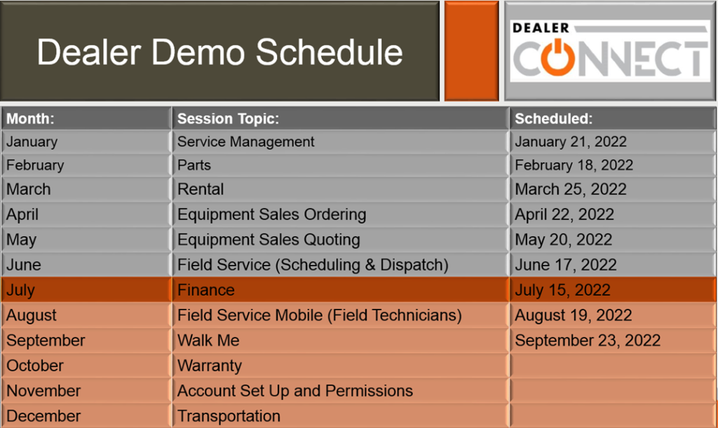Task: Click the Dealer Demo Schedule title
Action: [x=219, y=52]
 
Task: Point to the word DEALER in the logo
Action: [x=541, y=28]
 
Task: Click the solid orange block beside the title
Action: [x=471, y=50]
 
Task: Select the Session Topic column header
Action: [x=228, y=119]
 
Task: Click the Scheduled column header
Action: [x=554, y=119]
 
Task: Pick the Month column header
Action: [x=30, y=119]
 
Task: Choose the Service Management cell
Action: [x=246, y=141]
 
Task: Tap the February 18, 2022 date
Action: [x=574, y=165]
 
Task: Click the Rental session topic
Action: [x=201, y=189]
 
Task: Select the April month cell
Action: [x=22, y=214]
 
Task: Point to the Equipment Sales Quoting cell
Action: [x=269, y=240]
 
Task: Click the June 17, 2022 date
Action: [x=566, y=265]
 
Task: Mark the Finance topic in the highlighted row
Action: [x=206, y=290]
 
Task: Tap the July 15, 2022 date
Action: [x=562, y=290]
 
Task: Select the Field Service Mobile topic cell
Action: [x=320, y=315]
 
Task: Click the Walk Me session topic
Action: [x=208, y=340]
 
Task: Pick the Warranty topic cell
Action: [x=210, y=366]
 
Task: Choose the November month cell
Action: [x=43, y=390]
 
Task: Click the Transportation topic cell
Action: [x=229, y=415]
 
